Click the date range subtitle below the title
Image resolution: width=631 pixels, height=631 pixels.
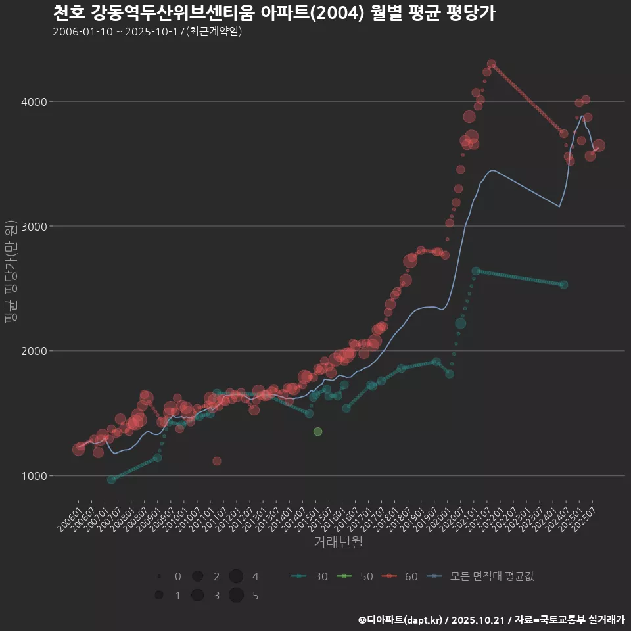[147, 32]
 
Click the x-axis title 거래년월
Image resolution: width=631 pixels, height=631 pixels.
[339, 542]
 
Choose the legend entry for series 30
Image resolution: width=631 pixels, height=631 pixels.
[309, 576]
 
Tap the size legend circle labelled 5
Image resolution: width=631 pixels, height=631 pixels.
[237, 596]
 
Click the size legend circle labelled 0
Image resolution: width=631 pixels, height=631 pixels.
[159, 576]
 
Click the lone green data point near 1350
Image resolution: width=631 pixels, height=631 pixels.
[317, 431]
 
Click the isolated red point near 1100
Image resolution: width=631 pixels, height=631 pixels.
[217, 461]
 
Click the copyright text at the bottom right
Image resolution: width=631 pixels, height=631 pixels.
[492, 619]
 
